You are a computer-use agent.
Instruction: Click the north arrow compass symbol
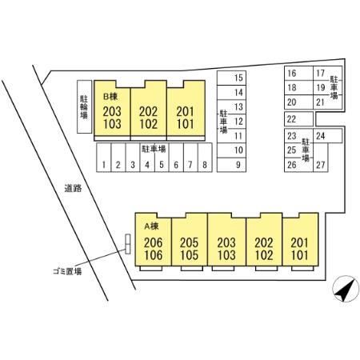click(346, 289)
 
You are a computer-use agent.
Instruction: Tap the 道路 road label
click(73, 188)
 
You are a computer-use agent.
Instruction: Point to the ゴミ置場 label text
click(67, 271)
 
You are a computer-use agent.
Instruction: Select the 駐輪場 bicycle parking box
click(84, 106)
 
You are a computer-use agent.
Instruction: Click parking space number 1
click(103, 158)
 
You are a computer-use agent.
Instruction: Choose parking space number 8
click(205, 158)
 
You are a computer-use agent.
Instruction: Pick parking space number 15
click(231, 78)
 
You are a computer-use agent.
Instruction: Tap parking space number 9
click(231, 165)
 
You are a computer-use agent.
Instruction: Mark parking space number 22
click(298, 119)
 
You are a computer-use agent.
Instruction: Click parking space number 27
click(321, 158)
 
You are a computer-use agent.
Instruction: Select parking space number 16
click(298, 74)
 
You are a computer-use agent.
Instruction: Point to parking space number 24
click(327, 136)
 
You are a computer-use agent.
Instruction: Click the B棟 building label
click(110, 97)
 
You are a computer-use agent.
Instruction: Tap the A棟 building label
click(151, 226)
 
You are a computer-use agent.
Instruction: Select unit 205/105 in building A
click(190, 239)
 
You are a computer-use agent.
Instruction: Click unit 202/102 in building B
click(149, 110)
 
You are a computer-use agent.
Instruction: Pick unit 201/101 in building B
click(186, 110)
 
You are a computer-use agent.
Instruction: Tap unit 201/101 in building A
click(300, 239)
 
